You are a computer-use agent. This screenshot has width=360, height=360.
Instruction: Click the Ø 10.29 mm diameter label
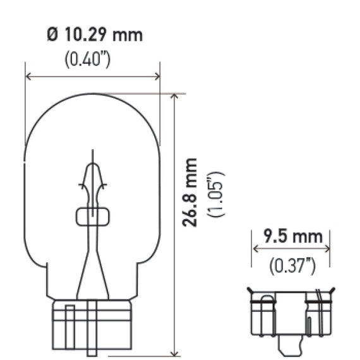(95, 35)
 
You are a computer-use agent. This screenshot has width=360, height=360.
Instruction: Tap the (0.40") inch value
(88, 59)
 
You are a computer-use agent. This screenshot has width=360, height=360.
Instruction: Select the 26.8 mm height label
(189, 193)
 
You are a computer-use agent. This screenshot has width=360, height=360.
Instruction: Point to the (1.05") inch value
(216, 194)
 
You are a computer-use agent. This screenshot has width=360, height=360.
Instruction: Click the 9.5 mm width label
(293, 236)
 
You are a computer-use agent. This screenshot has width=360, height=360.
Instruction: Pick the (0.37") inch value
(292, 266)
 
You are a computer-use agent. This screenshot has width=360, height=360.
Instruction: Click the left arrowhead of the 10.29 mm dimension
(28, 76)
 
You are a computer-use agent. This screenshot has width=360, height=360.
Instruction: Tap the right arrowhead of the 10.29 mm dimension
(157, 76)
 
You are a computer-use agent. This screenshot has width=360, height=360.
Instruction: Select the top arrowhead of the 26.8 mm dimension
(175, 96)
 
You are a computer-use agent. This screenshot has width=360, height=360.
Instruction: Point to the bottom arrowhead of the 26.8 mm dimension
(175, 354)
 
